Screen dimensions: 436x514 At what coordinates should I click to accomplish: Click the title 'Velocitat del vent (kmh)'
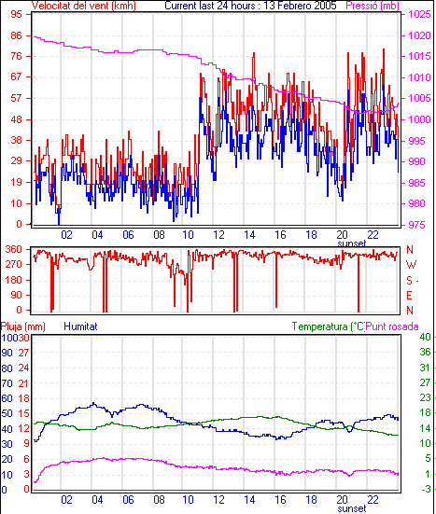tap(84, 6)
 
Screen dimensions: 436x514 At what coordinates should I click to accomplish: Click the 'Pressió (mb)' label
tap(373, 6)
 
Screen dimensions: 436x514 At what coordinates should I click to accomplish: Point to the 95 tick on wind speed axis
tap(16, 14)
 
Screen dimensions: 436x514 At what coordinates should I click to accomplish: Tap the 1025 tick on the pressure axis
tap(419, 14)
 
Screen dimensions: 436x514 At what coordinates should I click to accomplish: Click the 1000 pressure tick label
tap(419, 119)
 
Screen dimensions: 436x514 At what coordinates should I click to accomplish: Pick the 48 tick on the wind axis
tap(16, 119)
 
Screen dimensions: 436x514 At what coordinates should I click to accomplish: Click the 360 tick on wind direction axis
tap(14, 249)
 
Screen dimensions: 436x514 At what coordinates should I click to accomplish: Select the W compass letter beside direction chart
tap(411, 265)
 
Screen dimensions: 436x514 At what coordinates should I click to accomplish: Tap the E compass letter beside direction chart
tap(409, 296)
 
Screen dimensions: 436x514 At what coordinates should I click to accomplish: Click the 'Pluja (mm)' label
tap(23, 326)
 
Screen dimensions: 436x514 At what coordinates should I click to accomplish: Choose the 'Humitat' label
tap(80, 326)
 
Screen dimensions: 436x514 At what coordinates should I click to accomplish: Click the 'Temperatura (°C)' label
tap(329, 326)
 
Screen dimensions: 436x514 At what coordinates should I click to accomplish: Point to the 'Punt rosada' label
tap(392, 326)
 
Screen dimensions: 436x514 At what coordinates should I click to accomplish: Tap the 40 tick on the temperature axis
tap(425, 337)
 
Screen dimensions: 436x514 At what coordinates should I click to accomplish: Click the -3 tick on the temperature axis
tap(425, 489)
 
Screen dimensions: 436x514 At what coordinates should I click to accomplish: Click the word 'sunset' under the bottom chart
tap(352, 508)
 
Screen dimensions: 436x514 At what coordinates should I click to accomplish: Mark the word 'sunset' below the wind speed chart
tap(352, 243)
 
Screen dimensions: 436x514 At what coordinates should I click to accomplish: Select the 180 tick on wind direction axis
tap(14, 280)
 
